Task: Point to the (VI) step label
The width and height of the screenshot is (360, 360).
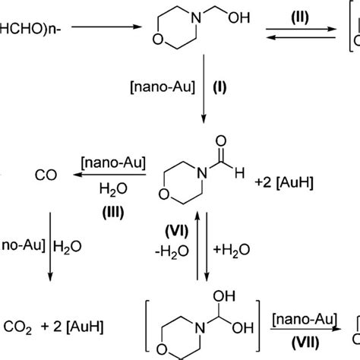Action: pyautogui.click(x=175, y=229)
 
